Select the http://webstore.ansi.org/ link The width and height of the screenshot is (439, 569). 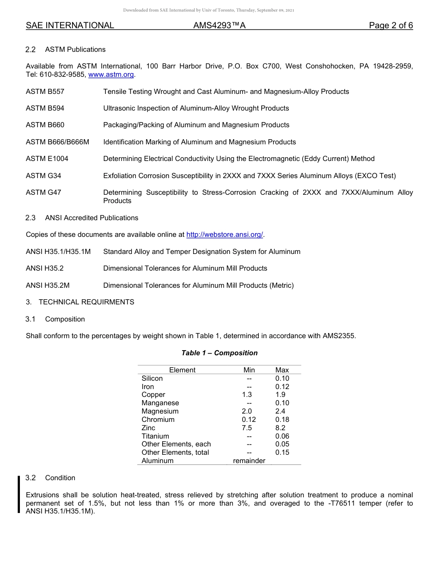tap(225, 235)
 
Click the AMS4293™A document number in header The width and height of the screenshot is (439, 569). tap(219, 25)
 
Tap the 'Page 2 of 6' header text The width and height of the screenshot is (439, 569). tap(390, 25)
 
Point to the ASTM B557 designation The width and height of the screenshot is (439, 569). tap(45, 92)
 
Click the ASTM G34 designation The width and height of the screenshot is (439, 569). tap(43, 176)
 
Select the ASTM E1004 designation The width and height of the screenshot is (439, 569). tap(47, 159)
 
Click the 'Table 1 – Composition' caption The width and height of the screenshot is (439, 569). tap(219, 353)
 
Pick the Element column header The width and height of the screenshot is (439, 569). tap(182, 370)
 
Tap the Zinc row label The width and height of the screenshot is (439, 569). tap(148, 428)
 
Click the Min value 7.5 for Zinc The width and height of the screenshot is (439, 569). tap(247, 428)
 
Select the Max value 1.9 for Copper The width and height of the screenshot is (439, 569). tap(280, 395)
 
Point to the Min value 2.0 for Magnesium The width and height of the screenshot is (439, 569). tap(247, 411)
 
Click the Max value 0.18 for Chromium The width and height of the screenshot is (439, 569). tap(282, 420)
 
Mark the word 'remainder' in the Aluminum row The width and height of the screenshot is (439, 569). tap(249, 461)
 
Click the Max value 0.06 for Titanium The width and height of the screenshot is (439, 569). tap(282, 436)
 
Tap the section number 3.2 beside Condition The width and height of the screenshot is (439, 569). tap(30, 478)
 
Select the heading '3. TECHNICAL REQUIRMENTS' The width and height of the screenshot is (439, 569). tap(80, 302)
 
